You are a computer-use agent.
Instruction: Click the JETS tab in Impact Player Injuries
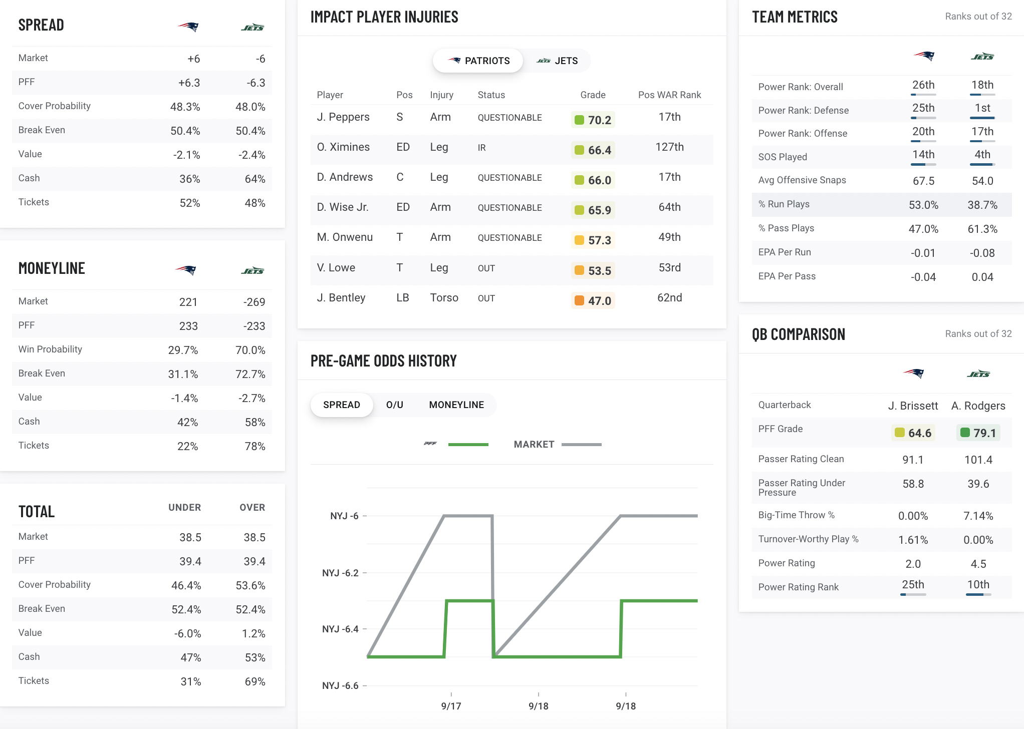[x=557, y=61]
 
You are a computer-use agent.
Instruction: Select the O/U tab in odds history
[x=395, y=405]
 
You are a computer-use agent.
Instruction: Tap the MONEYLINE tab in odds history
[x=456, y=405]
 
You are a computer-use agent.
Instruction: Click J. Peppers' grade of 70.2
[x=593, y=120]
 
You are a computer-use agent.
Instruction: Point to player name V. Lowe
[x=336, y=268]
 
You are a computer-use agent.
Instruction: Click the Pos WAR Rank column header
[x=669, y=95]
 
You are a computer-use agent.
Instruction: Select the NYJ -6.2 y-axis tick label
[x=340, y=573]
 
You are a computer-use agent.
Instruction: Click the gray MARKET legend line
[x=581, y=444]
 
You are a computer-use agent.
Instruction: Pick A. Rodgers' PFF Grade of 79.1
[x=978, y=433]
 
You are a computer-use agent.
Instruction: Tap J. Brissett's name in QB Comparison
[x=913, y=406]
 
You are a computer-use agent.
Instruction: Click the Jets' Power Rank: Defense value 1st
[x=982, y=108]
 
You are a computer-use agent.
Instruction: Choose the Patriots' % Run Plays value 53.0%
[x=923, y=205]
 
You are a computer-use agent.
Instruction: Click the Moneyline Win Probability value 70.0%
[x=250, y=350]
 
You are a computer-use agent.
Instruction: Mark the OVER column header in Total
[x=252, y=507]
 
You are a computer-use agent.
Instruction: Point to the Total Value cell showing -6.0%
[x=187, y=633]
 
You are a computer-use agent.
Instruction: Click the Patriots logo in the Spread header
[x=188, y=27]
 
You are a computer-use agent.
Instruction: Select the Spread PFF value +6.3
[x=189, y=83]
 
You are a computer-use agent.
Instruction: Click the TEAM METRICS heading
[x=795, y=17]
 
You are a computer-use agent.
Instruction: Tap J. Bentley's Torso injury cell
[x=444, y=298]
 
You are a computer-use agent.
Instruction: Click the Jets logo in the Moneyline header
[x=252, y=270]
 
